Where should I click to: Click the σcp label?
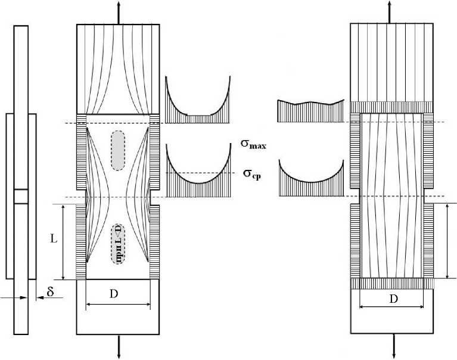click(x=255, y=174)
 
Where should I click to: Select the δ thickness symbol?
click(x=50, y=291)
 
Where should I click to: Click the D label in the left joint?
click(x=118, y=294)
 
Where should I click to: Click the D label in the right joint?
click(x=393, y=299)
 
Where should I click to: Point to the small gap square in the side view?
click(x=21, y=197)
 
